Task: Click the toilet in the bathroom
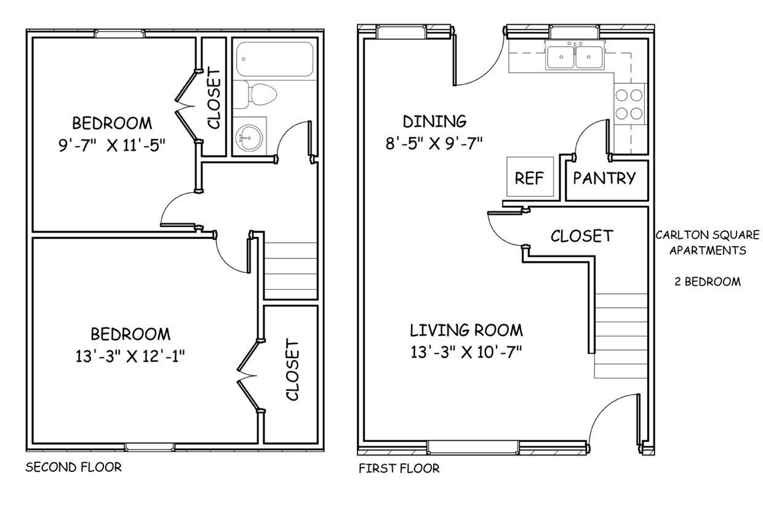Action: (255, 94)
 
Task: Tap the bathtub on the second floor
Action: (274, 59)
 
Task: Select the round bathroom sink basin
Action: (249, 137)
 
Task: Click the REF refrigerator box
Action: (530, 177)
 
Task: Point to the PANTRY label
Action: (604, 178)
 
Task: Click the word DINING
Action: (434, 121)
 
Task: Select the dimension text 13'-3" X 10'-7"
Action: (466, 352)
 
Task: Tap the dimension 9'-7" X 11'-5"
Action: (112, 145)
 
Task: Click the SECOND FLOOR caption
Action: (74, 467)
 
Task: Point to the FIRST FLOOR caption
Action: (399, 468)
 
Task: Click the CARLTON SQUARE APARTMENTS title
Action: (708, 242)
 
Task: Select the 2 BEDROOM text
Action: (708, 281)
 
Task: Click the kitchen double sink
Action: (575, 55)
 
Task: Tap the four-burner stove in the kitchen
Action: (629, 104)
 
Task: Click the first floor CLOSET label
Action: (582, 236)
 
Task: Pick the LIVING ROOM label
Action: (466, 331)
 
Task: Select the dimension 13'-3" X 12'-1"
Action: (130, 357)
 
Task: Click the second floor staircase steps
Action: (290, 271)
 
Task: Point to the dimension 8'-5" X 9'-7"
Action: (434, 143)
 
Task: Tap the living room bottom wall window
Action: (473, 447)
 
